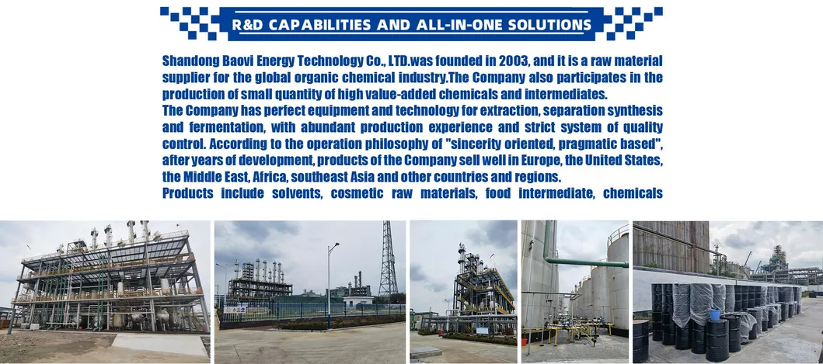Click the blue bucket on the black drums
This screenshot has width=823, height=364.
coord(714,314)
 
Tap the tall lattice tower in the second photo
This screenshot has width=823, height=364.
coord(389,260)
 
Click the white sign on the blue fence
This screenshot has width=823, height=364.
coord(235,310)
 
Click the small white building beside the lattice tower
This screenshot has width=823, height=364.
coord(357,300)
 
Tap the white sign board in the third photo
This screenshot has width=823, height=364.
coord(482,331)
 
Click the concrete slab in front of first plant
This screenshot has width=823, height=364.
coord(159,345)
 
